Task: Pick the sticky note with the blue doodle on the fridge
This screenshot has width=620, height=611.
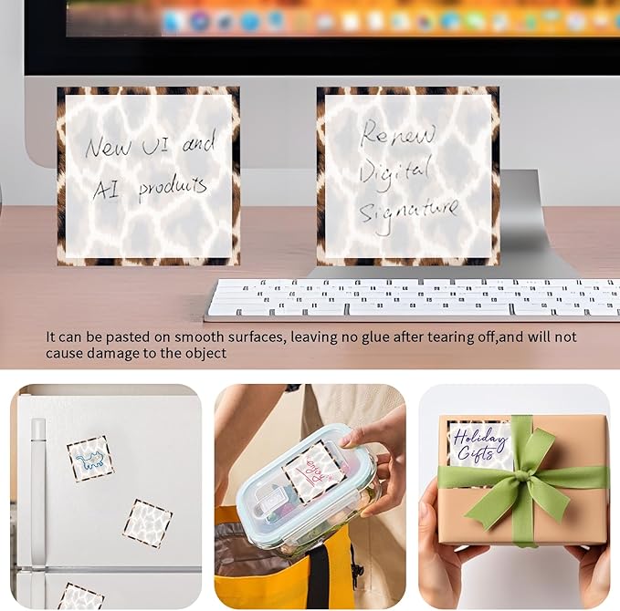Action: click(90, 458)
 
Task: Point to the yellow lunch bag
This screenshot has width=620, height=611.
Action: click(274, 565)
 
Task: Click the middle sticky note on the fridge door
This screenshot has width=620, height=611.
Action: click(147, 523)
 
